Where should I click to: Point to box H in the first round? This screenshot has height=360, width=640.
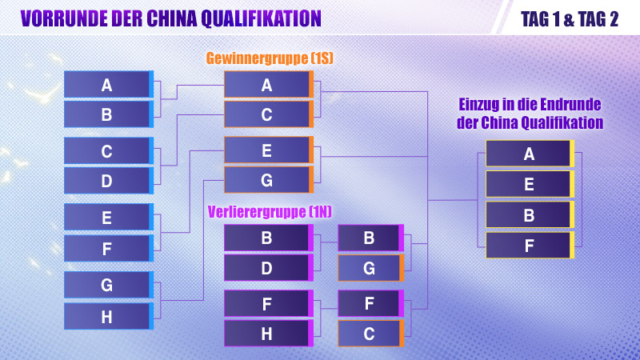(107, 317)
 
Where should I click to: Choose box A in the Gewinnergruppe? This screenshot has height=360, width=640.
(267, 84)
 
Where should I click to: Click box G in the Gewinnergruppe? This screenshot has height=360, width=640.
(267, 180)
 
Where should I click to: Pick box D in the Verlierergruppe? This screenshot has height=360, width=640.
(267, 268)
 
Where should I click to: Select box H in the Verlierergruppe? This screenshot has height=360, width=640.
(267, 334)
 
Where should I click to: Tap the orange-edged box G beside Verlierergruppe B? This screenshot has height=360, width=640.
(370, 268)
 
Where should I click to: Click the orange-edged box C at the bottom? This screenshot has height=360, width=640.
(370, 334)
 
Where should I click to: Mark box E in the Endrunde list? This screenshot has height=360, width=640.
(529, 184)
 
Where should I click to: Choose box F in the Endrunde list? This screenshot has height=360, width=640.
(529, 245)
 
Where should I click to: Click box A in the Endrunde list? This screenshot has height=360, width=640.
(529, 154)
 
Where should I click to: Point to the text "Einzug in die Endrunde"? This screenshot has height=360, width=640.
(530, 105)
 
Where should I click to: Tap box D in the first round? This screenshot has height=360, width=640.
(107, 181)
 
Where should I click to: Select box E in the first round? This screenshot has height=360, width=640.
(107, 217)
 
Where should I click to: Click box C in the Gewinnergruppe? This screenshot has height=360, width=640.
(267, 114)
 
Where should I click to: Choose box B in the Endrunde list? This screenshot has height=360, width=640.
(529, 214)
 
